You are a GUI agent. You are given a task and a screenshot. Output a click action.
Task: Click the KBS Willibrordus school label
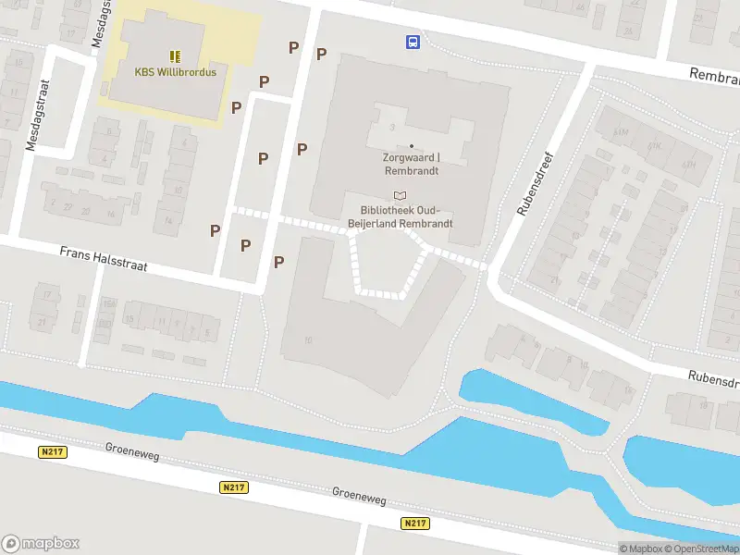coord(175,72)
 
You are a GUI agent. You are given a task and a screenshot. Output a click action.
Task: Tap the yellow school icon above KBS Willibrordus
coord(175,56)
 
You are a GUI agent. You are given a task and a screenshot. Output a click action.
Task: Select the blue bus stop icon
coord(413,41)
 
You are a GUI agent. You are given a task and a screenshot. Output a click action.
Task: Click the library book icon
coord(400,195)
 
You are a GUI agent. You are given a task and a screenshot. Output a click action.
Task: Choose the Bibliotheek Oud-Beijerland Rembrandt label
coord(399,216)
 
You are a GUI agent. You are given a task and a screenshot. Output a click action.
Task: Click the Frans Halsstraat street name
coord(103,258)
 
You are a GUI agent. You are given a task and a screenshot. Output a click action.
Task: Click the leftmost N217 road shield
coord(52,451)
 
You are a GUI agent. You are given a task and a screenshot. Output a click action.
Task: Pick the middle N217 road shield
coord(233,487)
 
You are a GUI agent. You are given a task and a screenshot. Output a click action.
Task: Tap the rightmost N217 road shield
coord(414,524)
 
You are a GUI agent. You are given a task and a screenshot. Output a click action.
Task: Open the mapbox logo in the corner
coord(41,544)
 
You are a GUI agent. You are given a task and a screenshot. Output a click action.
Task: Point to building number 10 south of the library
coord(308,340)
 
